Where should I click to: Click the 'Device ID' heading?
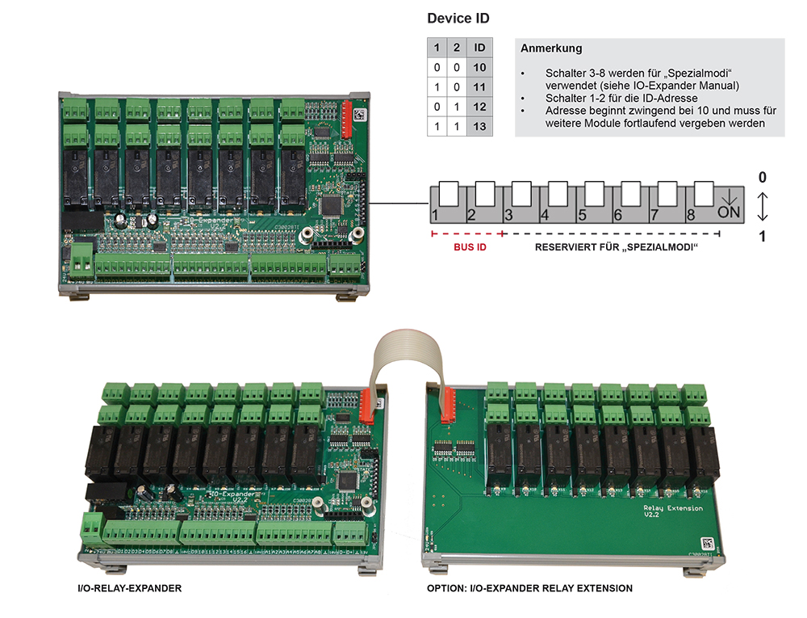pos(458,18)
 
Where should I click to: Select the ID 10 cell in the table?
pos(479,68)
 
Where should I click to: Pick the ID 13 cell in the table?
pos(479,128)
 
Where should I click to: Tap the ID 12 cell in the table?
pos(479,107)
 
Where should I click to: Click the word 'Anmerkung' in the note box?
pos(551,48)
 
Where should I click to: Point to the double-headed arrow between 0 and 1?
pos(763,207)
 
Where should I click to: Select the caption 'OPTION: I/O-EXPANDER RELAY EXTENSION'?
pos(529,588)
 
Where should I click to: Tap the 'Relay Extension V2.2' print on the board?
pos(673,513)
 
